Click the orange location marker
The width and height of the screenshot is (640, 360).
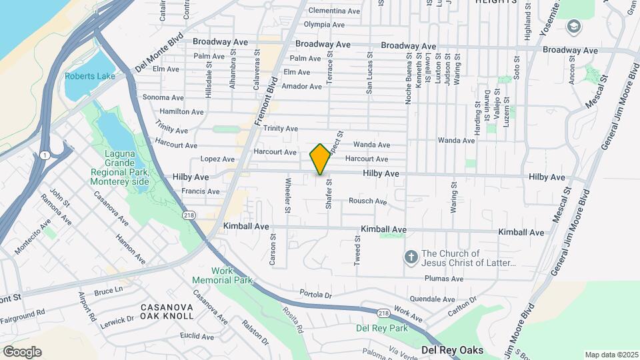(x=320, y=159)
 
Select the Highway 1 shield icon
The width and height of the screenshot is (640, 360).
(x=44, y=155)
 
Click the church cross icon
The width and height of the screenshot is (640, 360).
(x=411, y=257)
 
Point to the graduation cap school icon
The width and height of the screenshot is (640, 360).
(x=573, y=27)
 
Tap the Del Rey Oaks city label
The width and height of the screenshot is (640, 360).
(x=452, y=350)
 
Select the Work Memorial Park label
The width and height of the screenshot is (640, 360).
(x=222, y=275)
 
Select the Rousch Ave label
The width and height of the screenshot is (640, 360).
(x=367, y=201)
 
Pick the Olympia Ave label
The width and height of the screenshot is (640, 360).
(x=324, y=25)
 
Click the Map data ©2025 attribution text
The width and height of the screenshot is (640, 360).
(x=611, y=355)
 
